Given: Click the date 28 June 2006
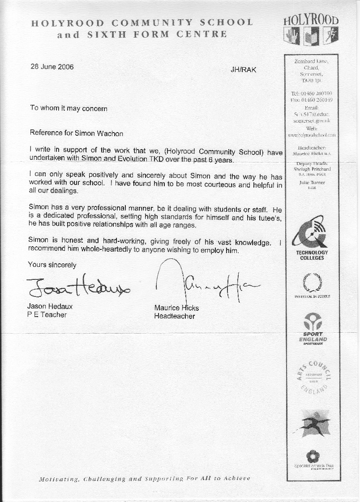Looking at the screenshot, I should pyautogui.click(x=52, y=67).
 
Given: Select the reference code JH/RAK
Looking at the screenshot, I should pyautogui.click(x=243, y=69).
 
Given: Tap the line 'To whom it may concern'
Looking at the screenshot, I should pyautogui.click(x=69, y=108).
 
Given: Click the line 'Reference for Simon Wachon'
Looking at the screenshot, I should pyautogui.click(x=76, y=133).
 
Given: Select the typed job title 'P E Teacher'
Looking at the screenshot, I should pyautogui.click(x=47, y=315).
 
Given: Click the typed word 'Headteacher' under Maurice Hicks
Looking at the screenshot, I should pyautogui.click(x=175, y=316).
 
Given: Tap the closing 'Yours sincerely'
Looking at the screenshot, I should pyautogui.click(x=52, y=265).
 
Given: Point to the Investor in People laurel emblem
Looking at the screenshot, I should pyautogui.click(x=312, y=283).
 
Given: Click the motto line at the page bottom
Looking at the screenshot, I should pyautogui.click(x=144, y=479).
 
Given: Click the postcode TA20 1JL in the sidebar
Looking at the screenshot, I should pyautogui.click(x=311, y=80).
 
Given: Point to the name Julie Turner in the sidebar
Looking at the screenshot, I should pyautogui.click(x=312, y=183).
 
